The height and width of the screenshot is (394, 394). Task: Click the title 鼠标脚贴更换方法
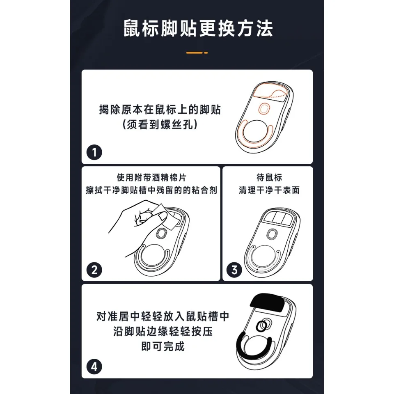198,28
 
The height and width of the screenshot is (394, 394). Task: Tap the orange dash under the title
197,53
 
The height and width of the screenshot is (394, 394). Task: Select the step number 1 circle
94,152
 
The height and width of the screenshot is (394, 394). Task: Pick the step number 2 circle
94,270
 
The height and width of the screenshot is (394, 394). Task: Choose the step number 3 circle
234,270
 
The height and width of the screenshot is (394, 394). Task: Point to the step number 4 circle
94,367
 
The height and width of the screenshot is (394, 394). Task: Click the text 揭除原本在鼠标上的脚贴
160,110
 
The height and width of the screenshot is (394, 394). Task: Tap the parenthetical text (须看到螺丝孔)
160,124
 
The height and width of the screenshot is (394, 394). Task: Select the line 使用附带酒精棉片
151,177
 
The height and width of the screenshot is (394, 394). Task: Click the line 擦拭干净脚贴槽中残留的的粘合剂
151,190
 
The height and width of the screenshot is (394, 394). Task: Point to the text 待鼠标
269,177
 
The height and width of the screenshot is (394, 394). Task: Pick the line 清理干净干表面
269,190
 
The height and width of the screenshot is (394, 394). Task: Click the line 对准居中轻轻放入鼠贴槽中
163,316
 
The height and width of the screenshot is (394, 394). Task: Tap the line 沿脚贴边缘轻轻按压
163,332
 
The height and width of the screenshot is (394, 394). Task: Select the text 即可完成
163,346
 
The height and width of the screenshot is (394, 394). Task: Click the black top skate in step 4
267,302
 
